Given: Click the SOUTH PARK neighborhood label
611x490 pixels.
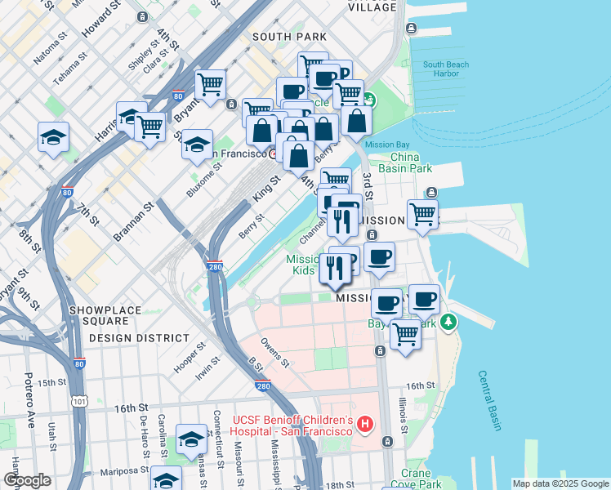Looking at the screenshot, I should (289, 37).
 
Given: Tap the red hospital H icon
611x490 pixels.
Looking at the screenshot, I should (365, 425).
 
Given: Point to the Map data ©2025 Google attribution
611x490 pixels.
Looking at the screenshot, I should (560, 483).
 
